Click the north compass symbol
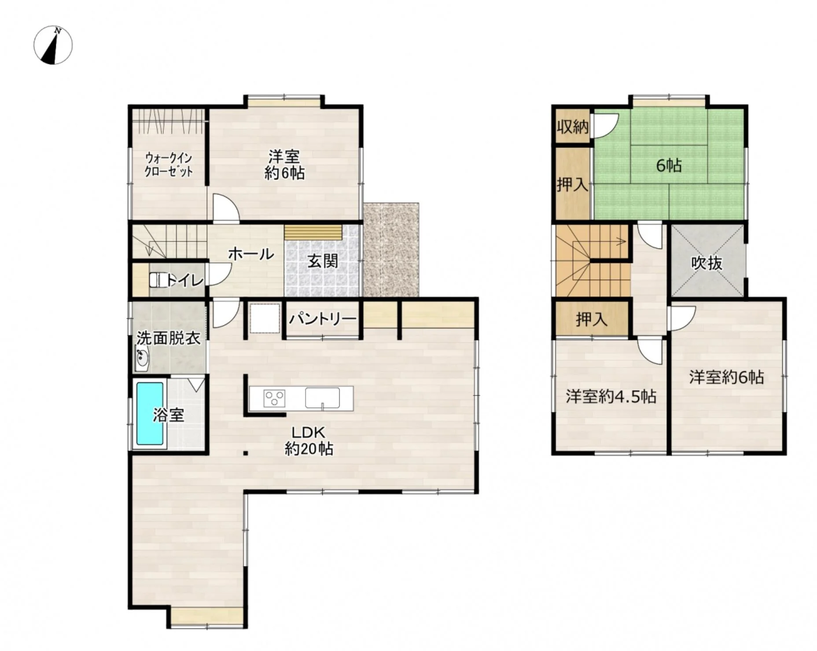pyautogui.click(x=53, y=45)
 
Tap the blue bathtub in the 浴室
pyautogui.click(x=150, y=414)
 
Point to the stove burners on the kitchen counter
pyautogui.click(x=274, y=399)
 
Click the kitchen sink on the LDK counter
pyautogui.click(x=323, y=398)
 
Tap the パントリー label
pyautogui.click(x=322, y=318)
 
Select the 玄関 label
pyautogui.click(x=323, y=261)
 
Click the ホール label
pyautogui.click(x=251, y=254)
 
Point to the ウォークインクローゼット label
pyautogui.click(x=169, y=164)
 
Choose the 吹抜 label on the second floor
pyautogui.click(x=707, y=263)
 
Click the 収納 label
pyautogui.click(x=572, y=127)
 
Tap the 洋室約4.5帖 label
pyautogui.click(x=611, y=396)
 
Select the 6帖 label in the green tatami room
pyautogui.click(x=669, y=166)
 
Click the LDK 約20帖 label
pyautogui.click(x=309, y=440)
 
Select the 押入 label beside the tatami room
pyautogui.click(x=572, y=185)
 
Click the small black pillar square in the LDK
pyautogui.click(x=246, y=453)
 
